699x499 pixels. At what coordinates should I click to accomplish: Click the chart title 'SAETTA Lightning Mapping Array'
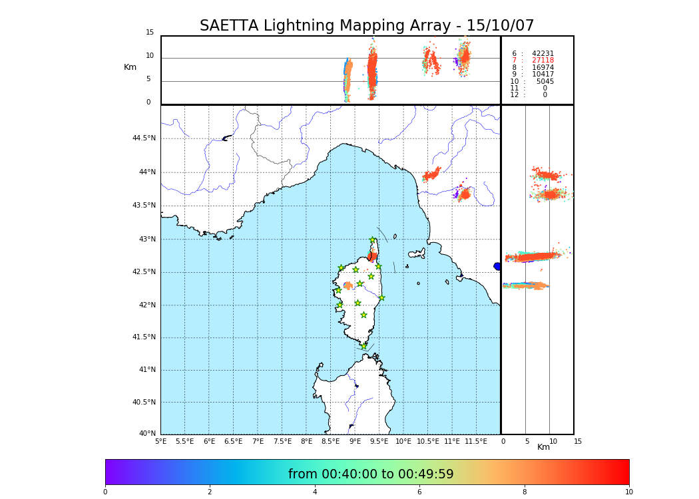[x=367, y=26]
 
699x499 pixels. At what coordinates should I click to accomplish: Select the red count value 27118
[x=543, y=61]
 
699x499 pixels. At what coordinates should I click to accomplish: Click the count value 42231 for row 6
[x=543, y=54]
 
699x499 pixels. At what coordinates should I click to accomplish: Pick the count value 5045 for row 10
[x=545, y=82]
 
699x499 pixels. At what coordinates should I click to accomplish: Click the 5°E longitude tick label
[x=161, y=441]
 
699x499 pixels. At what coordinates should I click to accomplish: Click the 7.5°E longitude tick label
[x=282, y=441]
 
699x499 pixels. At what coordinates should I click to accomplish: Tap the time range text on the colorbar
[x=371, y=474]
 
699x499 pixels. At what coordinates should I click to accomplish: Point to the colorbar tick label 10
[x=628, y=492]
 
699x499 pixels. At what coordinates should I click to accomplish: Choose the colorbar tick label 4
[x=315, y=492]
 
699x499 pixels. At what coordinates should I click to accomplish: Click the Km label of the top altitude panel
[x=130, y=67]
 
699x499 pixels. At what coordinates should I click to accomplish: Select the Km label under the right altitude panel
[x=544, y=447]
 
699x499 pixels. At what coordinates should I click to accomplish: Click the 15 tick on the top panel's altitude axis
[x=150, y=33]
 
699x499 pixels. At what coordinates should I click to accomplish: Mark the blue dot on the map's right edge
[x=497, y=266]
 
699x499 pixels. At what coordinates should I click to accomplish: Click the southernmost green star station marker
[x=363, y=346]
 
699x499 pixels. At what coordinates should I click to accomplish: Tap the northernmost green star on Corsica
[x=373, y=240]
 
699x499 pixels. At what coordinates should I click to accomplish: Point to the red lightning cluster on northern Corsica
[x=372, y=256]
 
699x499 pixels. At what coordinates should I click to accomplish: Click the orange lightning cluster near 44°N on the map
[x=431, y=175]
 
